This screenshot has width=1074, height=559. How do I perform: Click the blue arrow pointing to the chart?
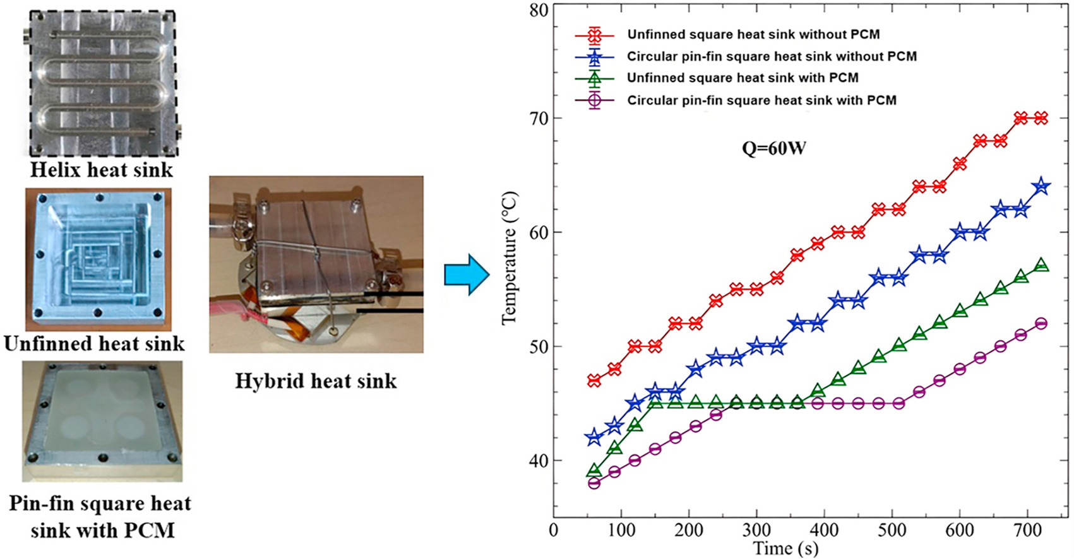467,276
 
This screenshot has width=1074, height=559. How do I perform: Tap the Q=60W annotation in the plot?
773,149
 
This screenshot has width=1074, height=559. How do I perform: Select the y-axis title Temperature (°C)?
509,259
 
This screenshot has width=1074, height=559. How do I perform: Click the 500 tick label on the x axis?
892,530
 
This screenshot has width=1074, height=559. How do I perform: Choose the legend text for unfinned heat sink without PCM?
753,34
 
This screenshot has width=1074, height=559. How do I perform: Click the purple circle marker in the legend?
594,100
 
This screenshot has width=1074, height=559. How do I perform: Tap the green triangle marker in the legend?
594,78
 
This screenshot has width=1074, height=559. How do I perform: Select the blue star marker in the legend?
594,56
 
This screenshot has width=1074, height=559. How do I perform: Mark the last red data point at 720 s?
1041,118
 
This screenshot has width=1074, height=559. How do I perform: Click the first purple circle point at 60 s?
594,483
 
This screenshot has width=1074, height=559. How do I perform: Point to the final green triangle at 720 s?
1042,266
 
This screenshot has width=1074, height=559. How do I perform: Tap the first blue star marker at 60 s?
594,438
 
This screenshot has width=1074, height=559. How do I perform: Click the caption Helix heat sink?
101,170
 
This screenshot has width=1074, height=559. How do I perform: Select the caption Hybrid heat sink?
316,380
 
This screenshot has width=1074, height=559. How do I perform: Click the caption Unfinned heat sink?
94,343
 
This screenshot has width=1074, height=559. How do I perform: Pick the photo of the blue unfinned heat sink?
98,259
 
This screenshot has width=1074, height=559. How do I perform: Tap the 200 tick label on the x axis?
689,530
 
